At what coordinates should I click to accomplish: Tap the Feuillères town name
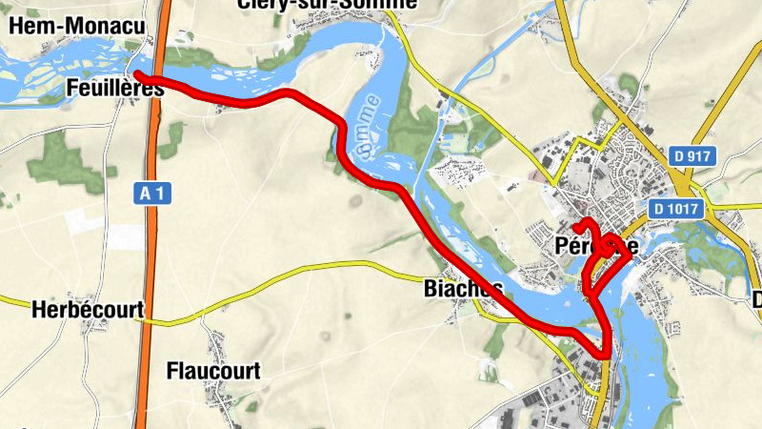point(115,89)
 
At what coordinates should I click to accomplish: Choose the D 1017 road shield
point(677,208)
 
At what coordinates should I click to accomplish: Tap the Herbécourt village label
point(87,310)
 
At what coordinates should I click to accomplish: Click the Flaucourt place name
point(212,371)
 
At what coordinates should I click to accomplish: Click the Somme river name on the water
point(366,125)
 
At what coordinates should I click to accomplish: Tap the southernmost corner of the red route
point(606,356)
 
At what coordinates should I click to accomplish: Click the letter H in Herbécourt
point(38,310)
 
